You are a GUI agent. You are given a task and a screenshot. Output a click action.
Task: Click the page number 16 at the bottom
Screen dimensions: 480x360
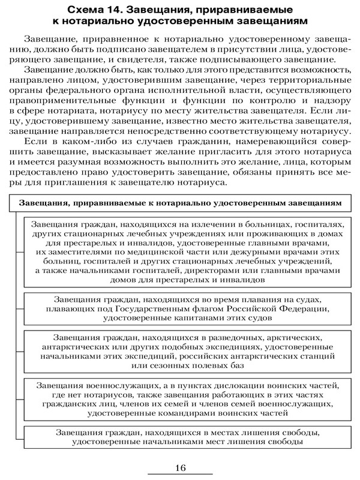[x=181, y=469]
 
